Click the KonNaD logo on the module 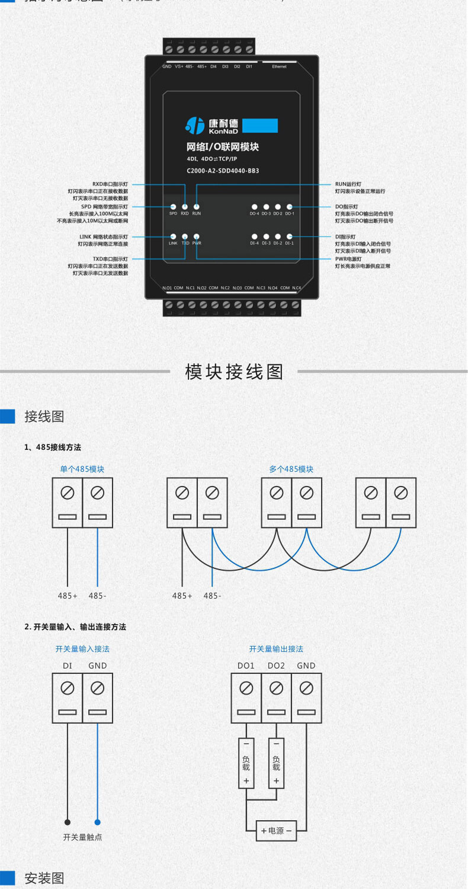(210, 125)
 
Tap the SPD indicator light (173, 206)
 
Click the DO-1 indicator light (289, 206)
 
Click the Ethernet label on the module (279, 67)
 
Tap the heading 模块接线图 (234, 372)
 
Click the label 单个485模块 (82, 469)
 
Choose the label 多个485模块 (291, 469)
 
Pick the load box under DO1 (246, 763)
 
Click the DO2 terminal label (276, 666)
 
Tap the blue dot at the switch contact (98, 822)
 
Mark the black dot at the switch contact (68, 822)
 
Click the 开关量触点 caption (82, 837)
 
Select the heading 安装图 (44, 878)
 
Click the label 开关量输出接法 (276, 649)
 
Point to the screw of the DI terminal (68, 688)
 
